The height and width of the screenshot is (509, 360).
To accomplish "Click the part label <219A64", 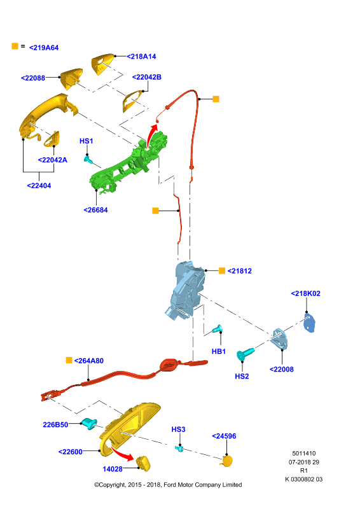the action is click(x=44, y=48).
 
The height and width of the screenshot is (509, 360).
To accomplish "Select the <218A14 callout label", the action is click(x=141, y=57).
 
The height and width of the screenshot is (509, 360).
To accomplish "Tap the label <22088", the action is click(x=33, y=78).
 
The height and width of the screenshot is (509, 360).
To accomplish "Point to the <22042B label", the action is click(x=147, y=77).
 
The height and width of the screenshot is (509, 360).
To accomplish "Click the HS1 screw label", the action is click(x=87, y=141).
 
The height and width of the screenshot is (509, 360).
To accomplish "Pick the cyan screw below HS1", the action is click(x=88, y=160).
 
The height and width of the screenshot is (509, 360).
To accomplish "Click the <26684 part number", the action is click(x=96, y=210).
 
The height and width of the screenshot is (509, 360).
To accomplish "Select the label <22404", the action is click(x=39, y=186).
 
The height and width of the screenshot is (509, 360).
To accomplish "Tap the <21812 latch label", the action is click(x=240, y=271).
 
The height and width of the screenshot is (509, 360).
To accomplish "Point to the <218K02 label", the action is click(x=305, y=293).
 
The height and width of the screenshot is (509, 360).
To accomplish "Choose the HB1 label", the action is click(x=218, y=351).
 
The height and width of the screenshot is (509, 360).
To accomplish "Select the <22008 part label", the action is click(x=281, y=370).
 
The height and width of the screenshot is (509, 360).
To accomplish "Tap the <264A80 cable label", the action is click(x=89, y=361).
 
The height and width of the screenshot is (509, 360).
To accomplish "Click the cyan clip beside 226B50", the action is click(x=89, y=424).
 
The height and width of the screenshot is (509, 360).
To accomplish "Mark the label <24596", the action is click(x=224, y=436).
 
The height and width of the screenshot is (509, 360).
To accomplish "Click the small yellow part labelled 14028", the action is click(x=143, y=463).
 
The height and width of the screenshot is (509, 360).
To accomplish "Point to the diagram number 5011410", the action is click(x=304, y=454).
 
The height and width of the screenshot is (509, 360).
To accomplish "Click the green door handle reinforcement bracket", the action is click(x=129, y=162).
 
